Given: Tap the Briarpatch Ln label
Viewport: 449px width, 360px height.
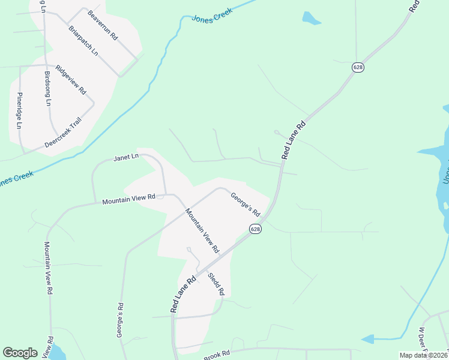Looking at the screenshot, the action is pyautogui.click(x=83, y=40).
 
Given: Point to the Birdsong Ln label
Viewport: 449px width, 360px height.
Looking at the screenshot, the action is pyautogui.click(x=48, y=88).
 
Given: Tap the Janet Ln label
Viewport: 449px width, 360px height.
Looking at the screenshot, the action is pyautogui.click(x=126, y=157).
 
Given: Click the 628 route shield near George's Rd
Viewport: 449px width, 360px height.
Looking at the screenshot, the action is pyautogui.click(x=256, y=229).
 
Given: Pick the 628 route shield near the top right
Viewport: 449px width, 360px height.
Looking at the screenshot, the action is pyautogui.click(x=358, y=68).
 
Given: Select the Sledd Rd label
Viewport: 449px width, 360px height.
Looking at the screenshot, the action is pyautogui.click(x=215, y=284).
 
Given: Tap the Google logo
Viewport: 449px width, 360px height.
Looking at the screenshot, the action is pyautogui.click(x=20, y=353).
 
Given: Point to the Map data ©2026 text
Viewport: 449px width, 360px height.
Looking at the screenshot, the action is pyautogui.click(x=424, y=355).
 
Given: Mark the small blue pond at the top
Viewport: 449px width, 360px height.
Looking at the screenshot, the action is pyautogui.click(x=311, y=19).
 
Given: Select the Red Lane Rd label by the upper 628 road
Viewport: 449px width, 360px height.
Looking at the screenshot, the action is pyautogui.click(x=294, y=141).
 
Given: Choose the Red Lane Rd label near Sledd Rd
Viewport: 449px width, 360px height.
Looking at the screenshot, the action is pyautogui.click(x=184, y=295).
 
